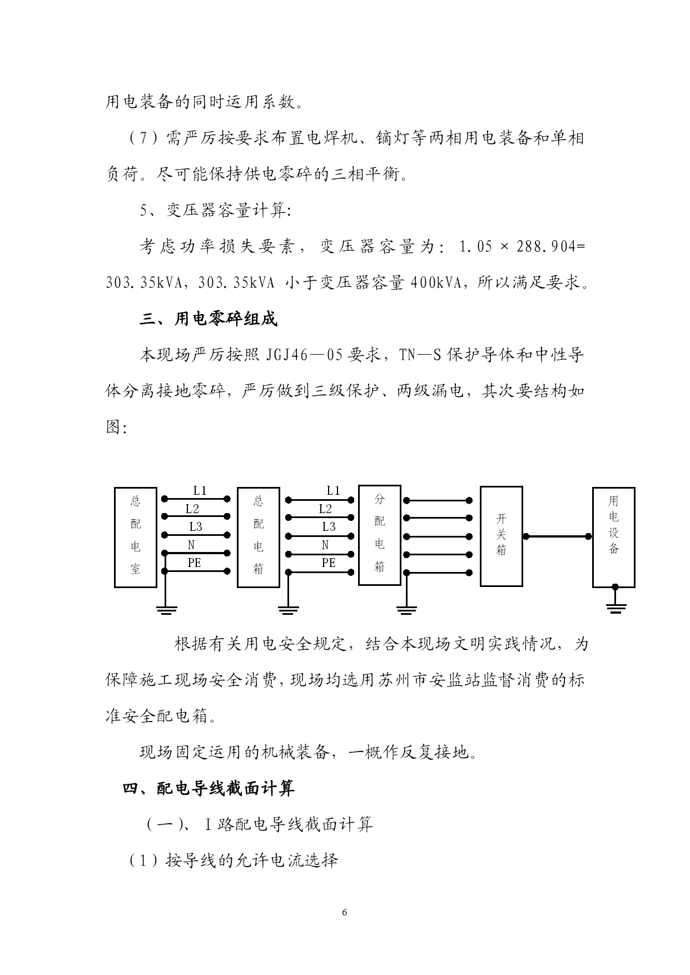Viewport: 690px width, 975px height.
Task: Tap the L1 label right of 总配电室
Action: click(200, 491)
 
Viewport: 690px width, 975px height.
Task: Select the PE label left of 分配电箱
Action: click(329, 563)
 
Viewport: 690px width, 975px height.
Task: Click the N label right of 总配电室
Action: click(191, 545)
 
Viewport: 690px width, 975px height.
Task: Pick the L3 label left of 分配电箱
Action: click(329, 526)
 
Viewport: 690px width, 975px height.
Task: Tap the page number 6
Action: click(345, 912)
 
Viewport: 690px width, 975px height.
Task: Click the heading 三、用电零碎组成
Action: click(209, 319)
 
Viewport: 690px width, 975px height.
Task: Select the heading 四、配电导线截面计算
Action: click(209, 788)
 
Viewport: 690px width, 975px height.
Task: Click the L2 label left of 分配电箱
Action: click(325, 509)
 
